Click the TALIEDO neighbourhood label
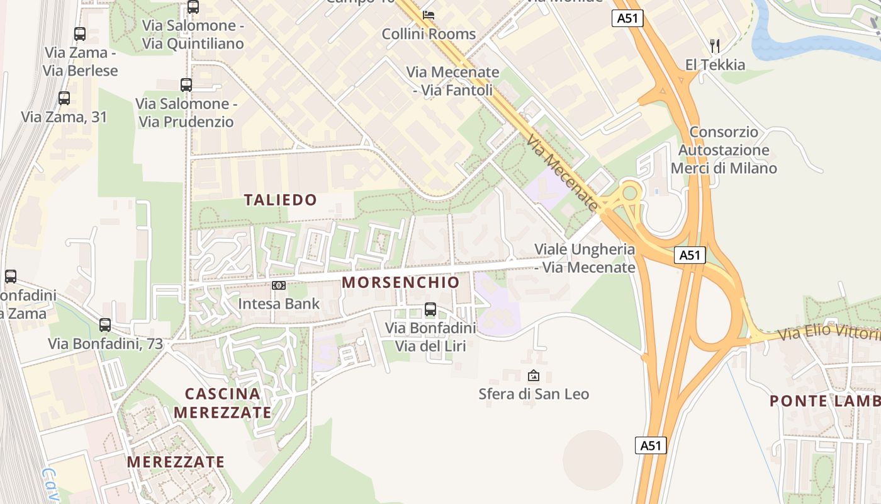[280, 200]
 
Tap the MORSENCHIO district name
[401, 282]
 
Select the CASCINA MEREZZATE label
[223, 403]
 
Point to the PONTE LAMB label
[824, 401]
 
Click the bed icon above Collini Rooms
[429, 14]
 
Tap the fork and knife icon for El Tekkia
[714, 45]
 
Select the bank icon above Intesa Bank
[279, 285]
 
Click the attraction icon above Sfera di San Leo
[534, 375]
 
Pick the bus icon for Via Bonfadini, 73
[105, 325]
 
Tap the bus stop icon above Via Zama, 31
[64, 98]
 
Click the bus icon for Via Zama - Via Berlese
[80, 34]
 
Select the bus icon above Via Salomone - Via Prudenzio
[186, 84]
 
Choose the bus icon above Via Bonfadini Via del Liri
[430, 309]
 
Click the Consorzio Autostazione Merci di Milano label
[724, 151]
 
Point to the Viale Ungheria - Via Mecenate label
[585, 258]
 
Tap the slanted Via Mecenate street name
[563, 172]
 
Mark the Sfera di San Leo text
[534, 394]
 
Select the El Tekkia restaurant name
[715, 65]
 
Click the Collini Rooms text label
[429, 34]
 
